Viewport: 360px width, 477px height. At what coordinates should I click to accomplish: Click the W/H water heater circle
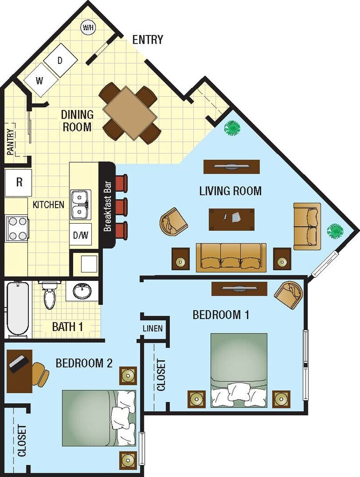[x=88, y=27]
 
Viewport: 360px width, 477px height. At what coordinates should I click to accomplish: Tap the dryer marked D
[x=61, y=60]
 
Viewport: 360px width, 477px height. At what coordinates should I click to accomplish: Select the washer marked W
[x=40, y=80]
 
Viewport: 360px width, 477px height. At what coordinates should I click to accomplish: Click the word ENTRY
[x=148, y=40]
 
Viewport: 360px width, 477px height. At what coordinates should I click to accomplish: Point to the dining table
[x=130, y=113]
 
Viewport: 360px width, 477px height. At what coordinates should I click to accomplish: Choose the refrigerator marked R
[x=19, y=182]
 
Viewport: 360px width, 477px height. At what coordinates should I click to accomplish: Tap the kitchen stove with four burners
[x=17, y=228]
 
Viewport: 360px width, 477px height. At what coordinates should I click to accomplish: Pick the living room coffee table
[x=231, y=219]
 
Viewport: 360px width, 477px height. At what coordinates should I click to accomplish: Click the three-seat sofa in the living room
[x=231, y=257]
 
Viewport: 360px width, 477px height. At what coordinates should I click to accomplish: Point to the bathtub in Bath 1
[x=18, y=308]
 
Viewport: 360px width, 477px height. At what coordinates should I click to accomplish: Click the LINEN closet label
[x=153, y=329]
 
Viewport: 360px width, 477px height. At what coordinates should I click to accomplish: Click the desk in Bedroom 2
[x=19, y=371]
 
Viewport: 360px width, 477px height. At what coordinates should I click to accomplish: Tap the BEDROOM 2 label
[x=84, y=363]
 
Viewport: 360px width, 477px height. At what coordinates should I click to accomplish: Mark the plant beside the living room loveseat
[x=334, y=231]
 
